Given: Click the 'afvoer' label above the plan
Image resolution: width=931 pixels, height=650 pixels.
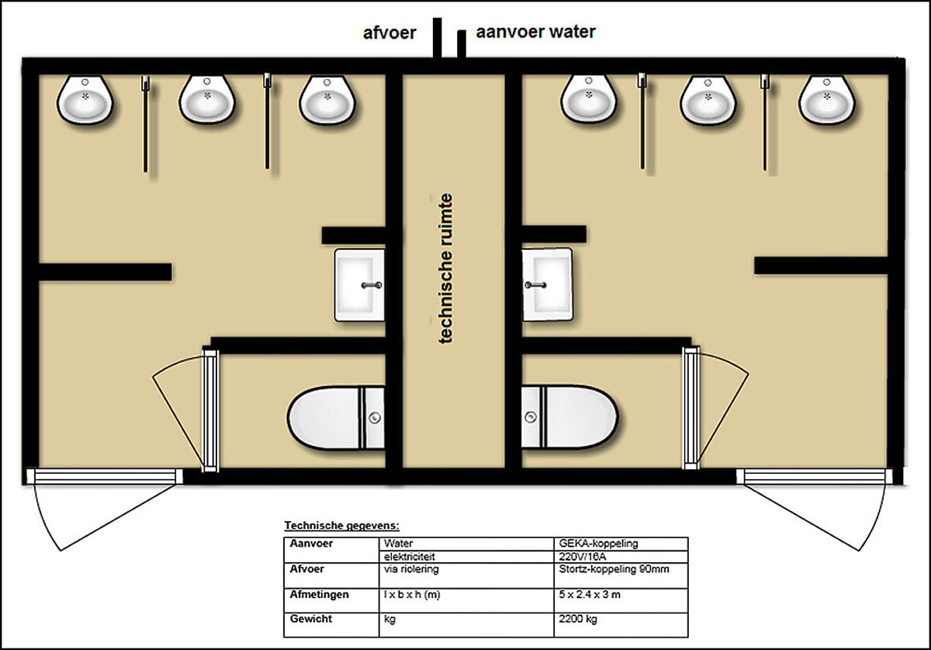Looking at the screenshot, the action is point(389,33).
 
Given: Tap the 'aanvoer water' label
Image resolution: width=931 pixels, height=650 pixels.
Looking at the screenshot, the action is point(536,32).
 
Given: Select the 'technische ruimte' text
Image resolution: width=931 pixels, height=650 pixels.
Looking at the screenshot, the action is point(445,269).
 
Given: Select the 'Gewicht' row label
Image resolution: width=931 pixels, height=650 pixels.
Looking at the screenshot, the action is point(311,619).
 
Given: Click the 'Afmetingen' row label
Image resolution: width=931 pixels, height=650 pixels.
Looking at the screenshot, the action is point(319,595).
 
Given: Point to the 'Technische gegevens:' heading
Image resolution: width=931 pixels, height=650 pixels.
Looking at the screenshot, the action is point(341,526).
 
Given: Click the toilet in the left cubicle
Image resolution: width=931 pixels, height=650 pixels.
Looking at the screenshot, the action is point(336,418).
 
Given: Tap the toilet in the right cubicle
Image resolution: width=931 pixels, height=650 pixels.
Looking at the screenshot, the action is point(569,417).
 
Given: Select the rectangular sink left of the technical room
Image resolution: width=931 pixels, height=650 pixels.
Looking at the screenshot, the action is point(359,285).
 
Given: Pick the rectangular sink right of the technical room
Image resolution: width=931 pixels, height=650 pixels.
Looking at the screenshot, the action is point(547,285).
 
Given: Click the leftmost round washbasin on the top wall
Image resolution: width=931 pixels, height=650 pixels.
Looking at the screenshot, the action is point(85,100).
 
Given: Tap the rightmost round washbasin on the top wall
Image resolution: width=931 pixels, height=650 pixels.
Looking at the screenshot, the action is point(827,100).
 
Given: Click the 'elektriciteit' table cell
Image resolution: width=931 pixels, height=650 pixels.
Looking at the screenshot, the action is point(410,557).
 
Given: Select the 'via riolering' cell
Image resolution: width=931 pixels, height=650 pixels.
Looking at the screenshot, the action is point(411,569).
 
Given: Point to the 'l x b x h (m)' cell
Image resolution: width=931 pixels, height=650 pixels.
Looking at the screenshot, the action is point(411,595).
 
